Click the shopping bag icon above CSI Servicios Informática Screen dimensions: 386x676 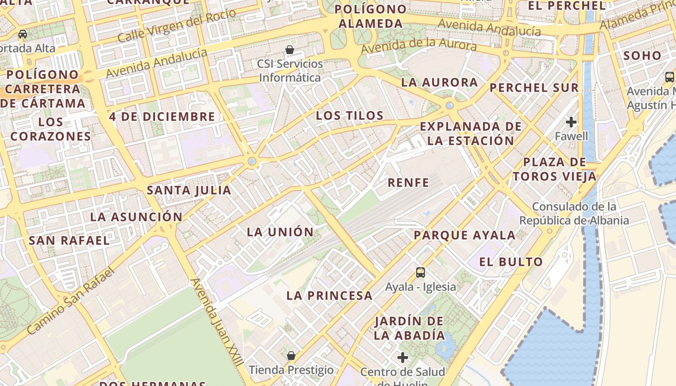tap(290, 50)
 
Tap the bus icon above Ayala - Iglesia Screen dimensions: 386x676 tap(421, 273)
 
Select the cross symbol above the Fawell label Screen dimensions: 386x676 tap(571, 122)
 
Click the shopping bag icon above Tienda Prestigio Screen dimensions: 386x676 tap(291, 356)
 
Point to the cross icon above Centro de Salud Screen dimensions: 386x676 tap(403, 358)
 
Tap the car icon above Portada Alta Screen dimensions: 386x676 tap(23, 34)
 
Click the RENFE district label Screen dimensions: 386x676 tap(408, 182)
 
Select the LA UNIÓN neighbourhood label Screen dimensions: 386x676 tap(280, 232)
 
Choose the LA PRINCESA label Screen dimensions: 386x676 tap(329, 296)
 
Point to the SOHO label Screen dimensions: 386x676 tap(642, 55)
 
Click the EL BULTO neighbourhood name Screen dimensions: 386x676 tap(511, 262)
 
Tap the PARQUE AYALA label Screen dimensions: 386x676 tap(465, 235)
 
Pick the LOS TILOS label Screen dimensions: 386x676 tap(350, 116)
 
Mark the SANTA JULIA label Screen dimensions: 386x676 tap(189, 190)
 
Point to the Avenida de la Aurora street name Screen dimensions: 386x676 tap(419, 46)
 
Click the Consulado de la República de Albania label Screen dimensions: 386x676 tap(574, 214)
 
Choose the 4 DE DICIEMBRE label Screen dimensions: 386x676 tap(162, 117)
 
